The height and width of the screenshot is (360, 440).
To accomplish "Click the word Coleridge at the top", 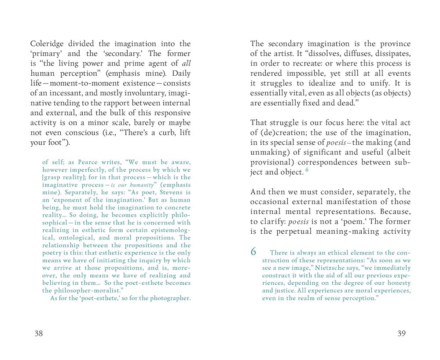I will point(48,44).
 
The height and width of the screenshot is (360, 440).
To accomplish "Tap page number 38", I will point(39,333).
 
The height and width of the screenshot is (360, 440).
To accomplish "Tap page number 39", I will point(401,333).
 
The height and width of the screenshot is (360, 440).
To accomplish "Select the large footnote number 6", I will point(253,252).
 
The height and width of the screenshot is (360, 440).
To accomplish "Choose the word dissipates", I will point(391,54).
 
